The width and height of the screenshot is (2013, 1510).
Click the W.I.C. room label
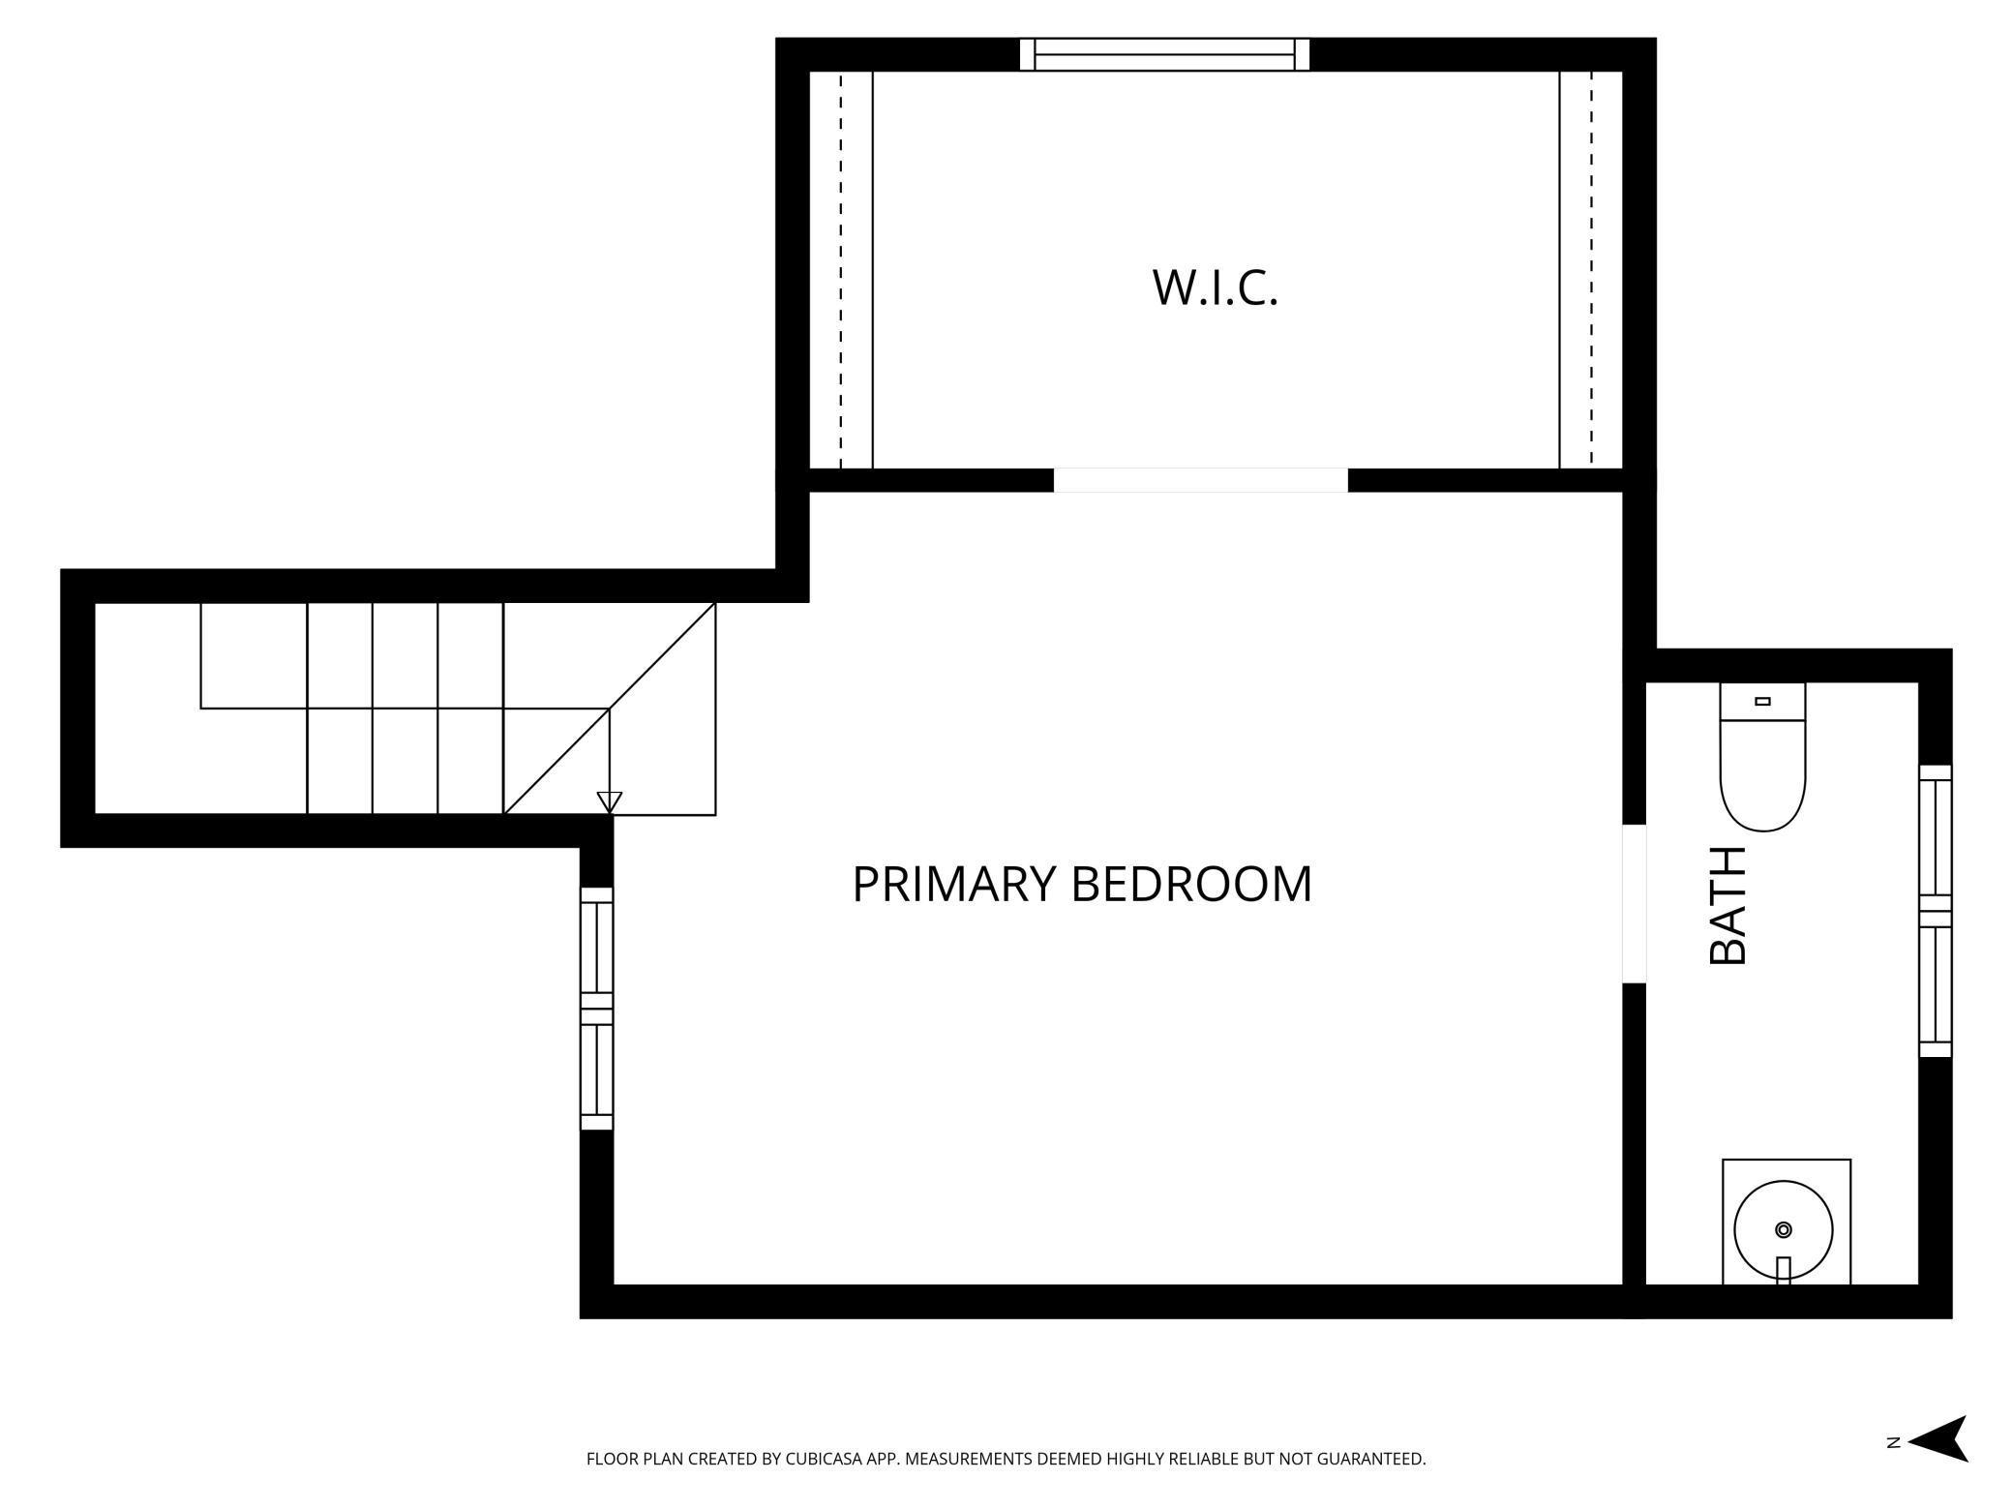click(x=1215, y=287)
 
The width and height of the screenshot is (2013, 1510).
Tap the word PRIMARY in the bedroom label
click(x=952, y=884)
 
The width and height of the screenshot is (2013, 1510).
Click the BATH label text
click(x=1728, y=905)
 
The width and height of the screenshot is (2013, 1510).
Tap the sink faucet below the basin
click(x=1784, y=1270)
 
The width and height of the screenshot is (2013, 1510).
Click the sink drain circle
click(x=1784, y=1229)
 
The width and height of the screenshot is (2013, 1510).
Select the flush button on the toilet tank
click(x=1762, y=701)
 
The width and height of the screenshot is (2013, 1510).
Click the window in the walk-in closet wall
click(x=1164, y=54)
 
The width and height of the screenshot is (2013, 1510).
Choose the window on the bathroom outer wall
click(x=1936, y=910)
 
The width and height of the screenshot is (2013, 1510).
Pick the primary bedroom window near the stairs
click(x=596, y=1008)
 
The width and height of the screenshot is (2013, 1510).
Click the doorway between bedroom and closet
click(x=1200, y=480)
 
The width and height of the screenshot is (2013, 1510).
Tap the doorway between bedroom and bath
click(x=1634, y=903)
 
